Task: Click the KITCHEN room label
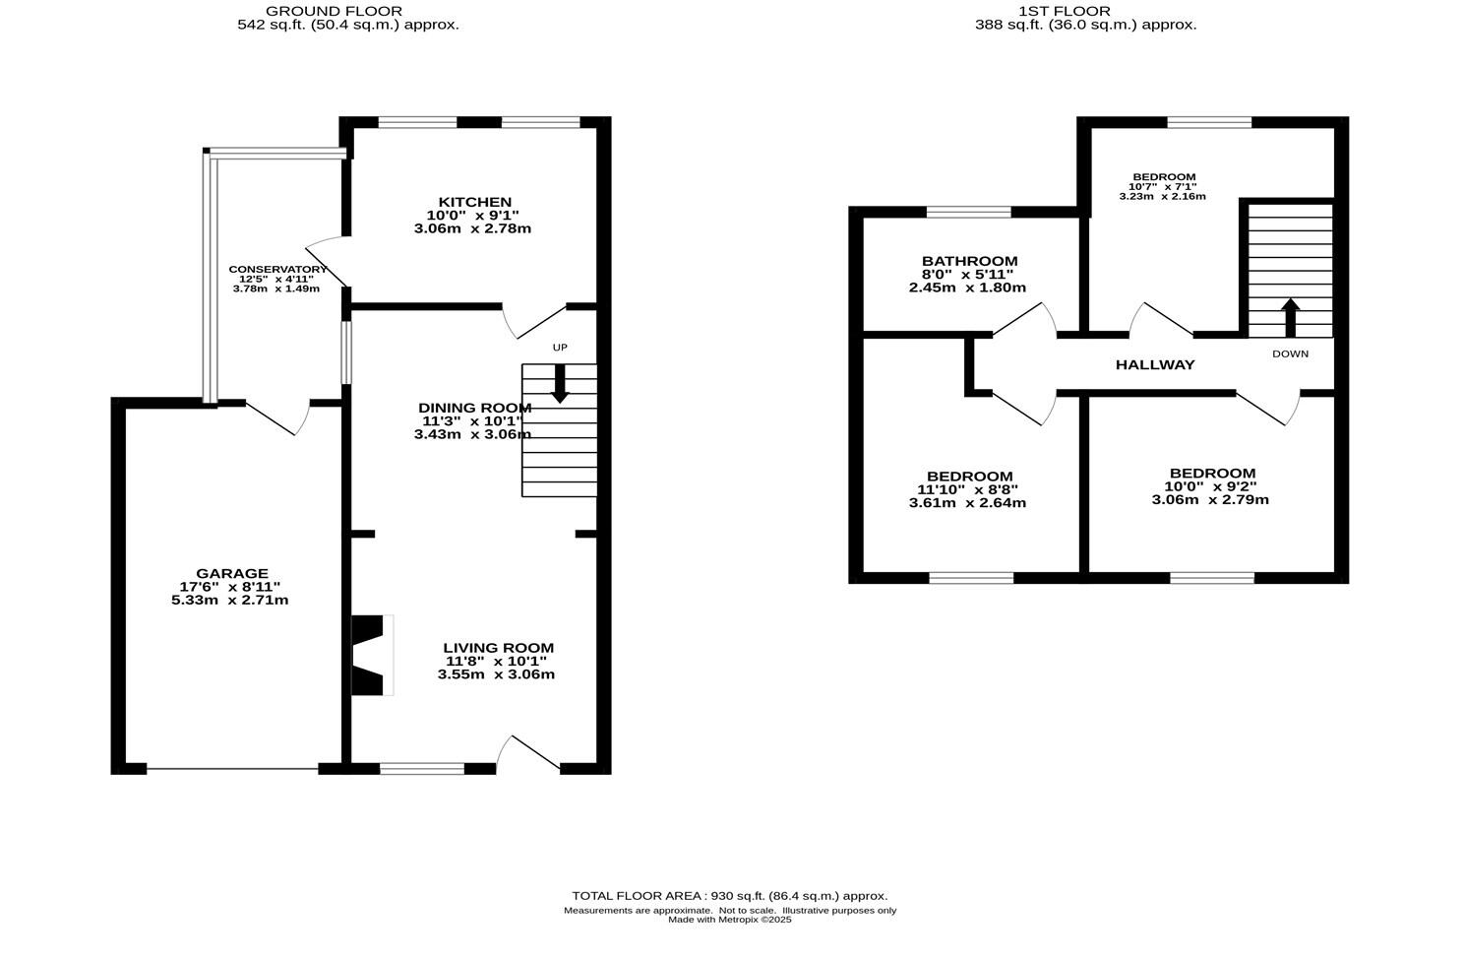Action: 468,202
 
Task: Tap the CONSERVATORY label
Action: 277,269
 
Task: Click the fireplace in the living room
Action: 371,655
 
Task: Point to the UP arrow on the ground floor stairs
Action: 559,383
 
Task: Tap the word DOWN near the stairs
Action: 1290,353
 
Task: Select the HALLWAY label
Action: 1154,364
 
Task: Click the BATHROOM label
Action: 969,261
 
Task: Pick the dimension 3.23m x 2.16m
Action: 1162,197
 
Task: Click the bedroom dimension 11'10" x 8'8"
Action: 967,489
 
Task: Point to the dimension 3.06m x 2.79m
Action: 1210,499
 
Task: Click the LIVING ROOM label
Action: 498,648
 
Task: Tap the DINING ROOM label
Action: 474,408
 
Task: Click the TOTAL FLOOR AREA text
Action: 729,896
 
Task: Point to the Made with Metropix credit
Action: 729,920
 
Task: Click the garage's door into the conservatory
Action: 278,416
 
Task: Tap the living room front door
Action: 528,753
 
